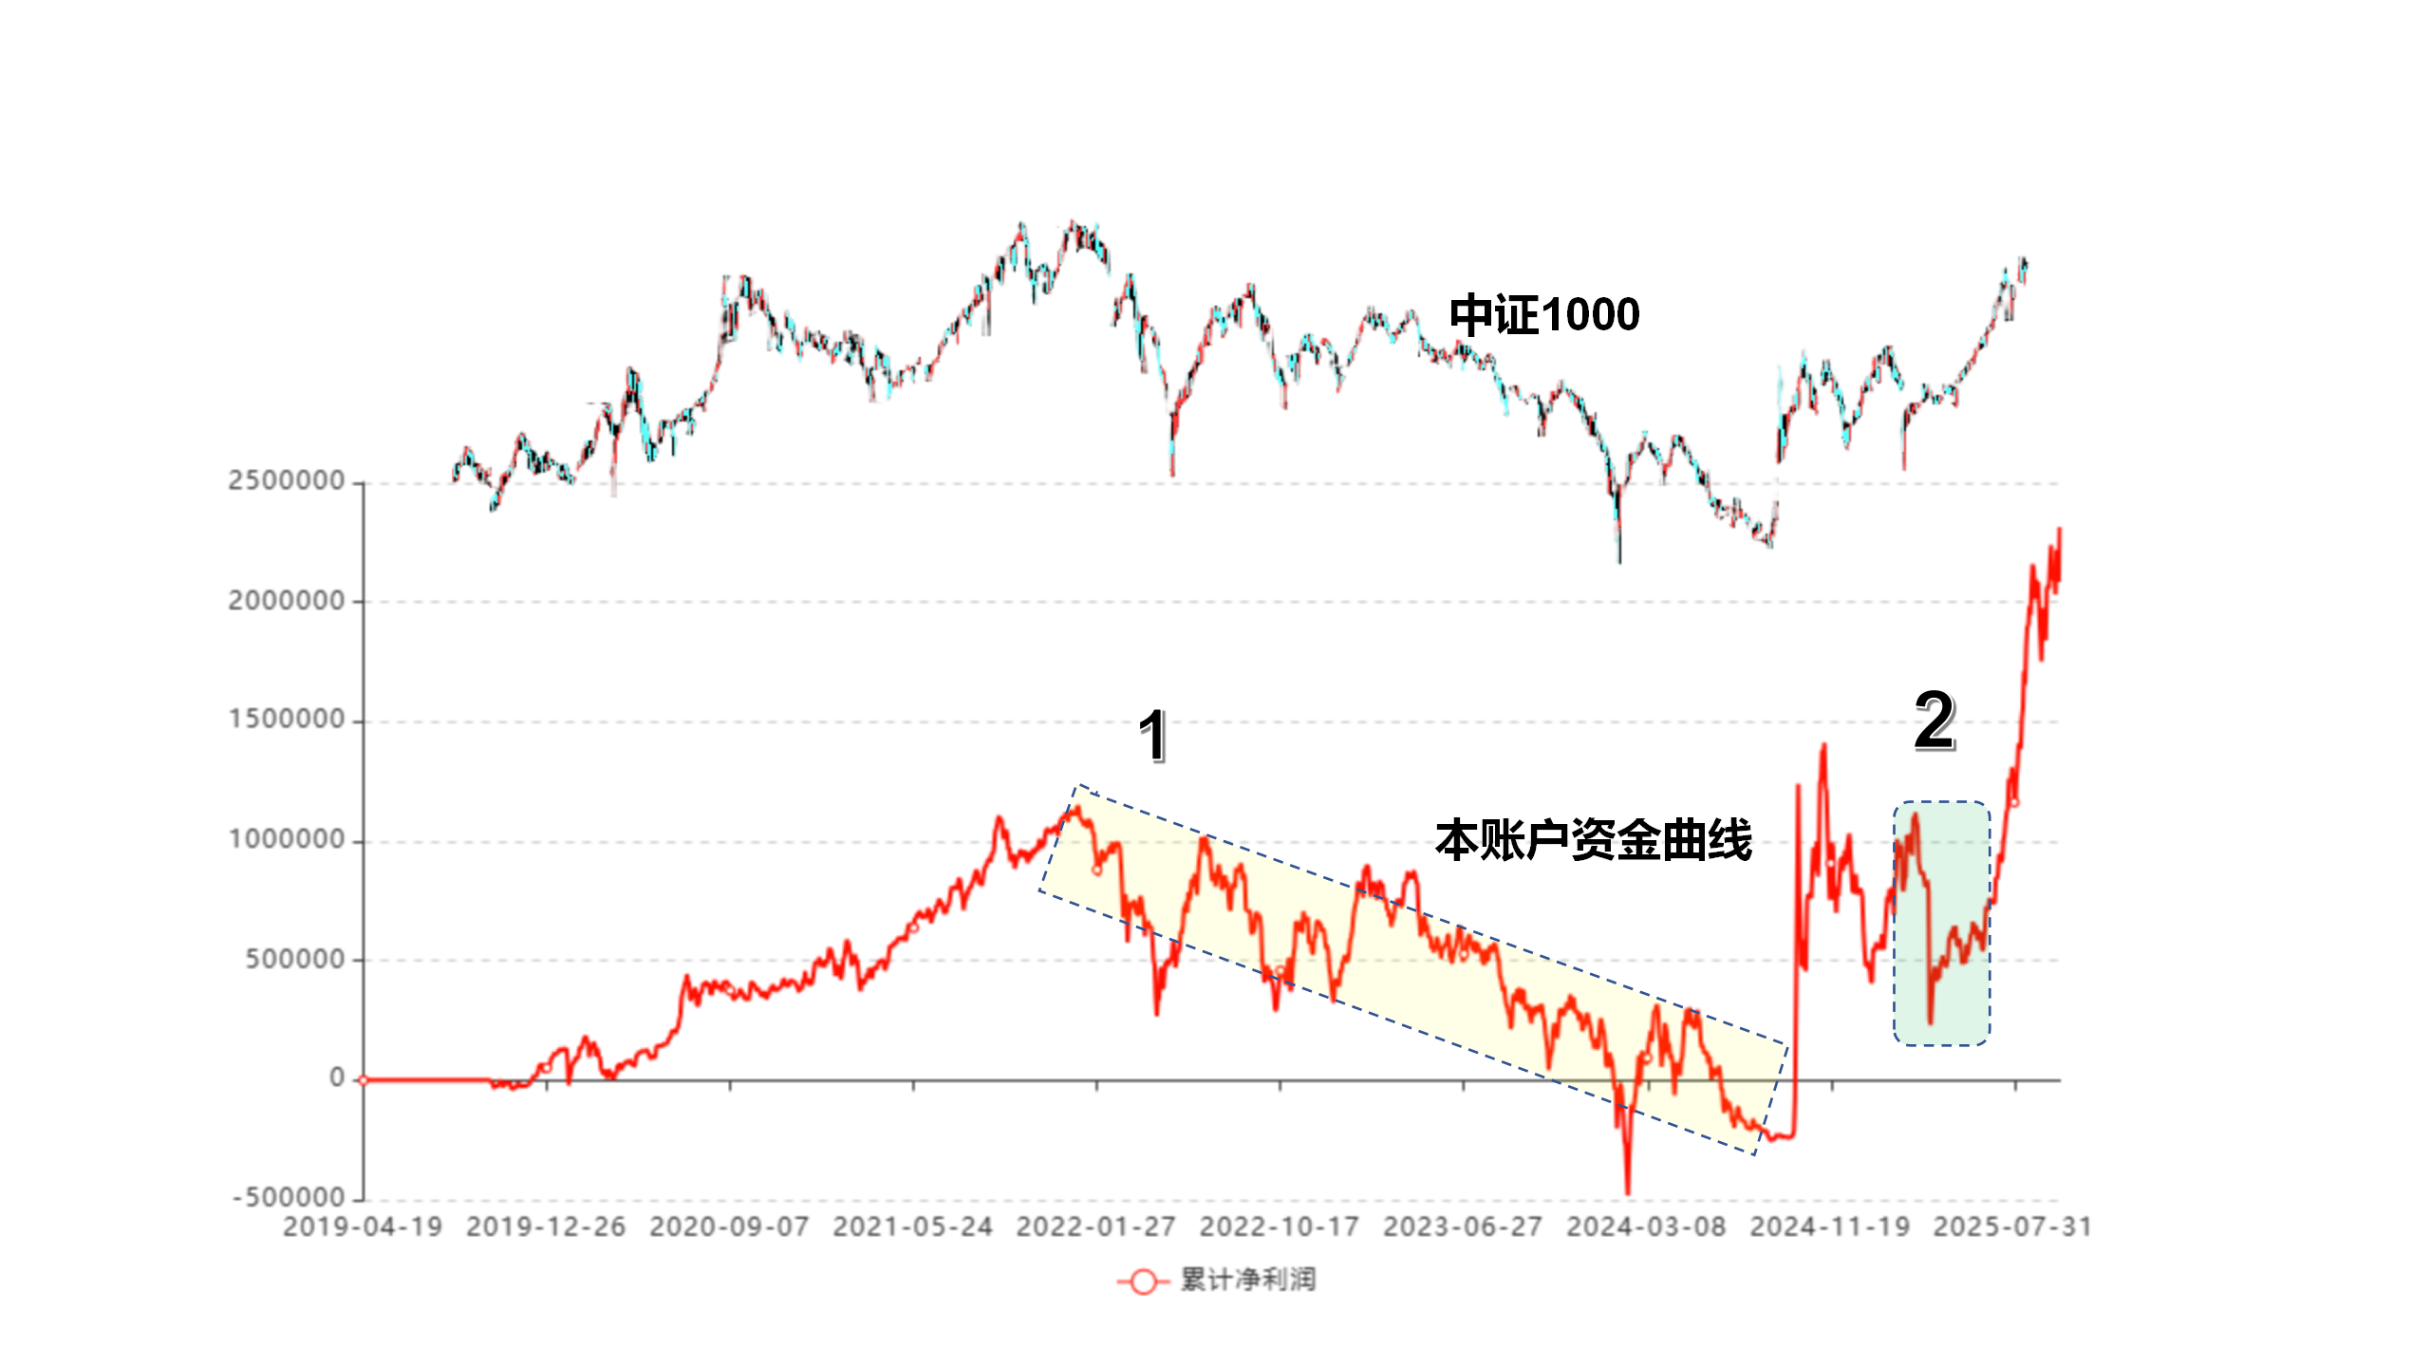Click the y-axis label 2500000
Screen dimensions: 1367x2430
click(286, 481)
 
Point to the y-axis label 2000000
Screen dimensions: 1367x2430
click(286, 601)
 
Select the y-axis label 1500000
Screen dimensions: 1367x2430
click(286, 720)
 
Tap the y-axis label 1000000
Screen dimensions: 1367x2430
click(286, 840)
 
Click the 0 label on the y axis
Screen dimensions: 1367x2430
click(337, 1078)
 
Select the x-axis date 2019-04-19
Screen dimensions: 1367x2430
click(363, 1227)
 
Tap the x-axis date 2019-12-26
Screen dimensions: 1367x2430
click(546, 1227)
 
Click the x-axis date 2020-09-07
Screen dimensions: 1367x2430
click(729, 1227)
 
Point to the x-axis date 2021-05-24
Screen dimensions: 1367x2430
click(912, 1227)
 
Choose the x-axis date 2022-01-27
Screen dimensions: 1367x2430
click(1095, 1227)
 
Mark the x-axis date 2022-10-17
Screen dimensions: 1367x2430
click(1279, 1227)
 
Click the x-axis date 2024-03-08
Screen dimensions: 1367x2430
click(1646, 1227)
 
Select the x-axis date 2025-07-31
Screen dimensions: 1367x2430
click(2012, 1227)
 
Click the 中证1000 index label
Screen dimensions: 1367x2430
click(1544, 315)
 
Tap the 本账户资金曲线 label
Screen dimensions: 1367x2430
click(1593, 840)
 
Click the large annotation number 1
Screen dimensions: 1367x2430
click(1152, 736)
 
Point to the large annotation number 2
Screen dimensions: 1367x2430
click(1934, 721)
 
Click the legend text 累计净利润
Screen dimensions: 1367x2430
click(1248, 1281)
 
